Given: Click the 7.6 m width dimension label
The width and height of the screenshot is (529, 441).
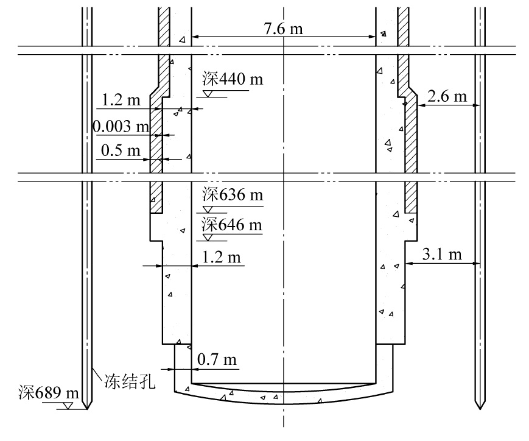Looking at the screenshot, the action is [284, 29].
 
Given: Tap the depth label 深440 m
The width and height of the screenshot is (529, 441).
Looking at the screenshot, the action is [233, 79].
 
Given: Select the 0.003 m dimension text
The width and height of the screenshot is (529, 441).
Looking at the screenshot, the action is [121, 127].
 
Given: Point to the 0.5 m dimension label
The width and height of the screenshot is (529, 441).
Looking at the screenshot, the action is [121, 150].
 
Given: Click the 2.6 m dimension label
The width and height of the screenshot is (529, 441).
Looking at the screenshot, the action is [447, 97].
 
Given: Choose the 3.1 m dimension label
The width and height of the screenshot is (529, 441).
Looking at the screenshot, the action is [442, 254].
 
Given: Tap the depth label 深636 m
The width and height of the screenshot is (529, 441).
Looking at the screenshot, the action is [233, 195].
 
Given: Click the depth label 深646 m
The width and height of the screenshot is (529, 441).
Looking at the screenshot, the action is [232, 225].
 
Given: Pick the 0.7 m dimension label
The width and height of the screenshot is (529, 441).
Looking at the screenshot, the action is [217, 359].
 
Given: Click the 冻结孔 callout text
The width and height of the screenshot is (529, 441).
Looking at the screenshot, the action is [130, 382].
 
